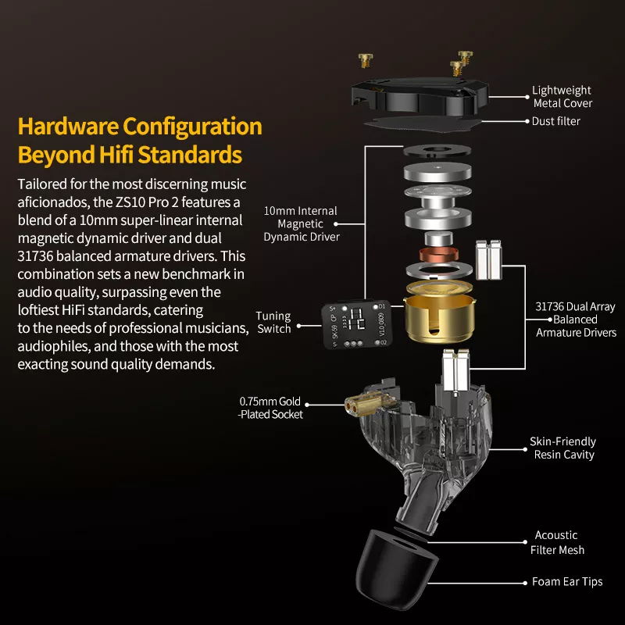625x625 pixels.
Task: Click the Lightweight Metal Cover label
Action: (562, 96)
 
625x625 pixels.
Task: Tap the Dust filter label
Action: (556, 121)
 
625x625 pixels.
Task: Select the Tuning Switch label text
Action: (273, 322)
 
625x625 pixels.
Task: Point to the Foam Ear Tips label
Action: (567, 582)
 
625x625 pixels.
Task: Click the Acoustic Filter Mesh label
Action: (557, 542)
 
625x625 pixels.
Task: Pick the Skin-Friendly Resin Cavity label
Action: (562, 448)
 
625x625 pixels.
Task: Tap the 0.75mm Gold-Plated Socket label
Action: (270, 408)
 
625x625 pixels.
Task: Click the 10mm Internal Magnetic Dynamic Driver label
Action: (302, 223)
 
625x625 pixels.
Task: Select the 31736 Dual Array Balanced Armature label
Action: (576, 320)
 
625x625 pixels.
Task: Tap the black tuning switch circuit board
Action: (357, 323)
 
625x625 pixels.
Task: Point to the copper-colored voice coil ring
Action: (438, 254)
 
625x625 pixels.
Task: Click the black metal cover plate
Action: (420, 96)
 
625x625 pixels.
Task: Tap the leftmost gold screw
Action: (365, 60)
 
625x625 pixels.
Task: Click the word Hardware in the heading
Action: (68, 127)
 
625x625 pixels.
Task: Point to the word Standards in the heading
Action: (190, 155)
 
